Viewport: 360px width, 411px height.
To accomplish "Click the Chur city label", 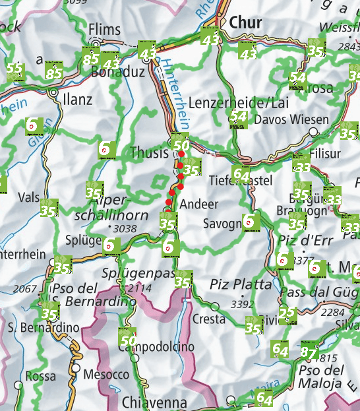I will click(x=245, y=23).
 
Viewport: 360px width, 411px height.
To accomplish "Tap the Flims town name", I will click(x=105, y=30).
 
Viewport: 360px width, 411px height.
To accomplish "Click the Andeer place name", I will click(x=198, y=203).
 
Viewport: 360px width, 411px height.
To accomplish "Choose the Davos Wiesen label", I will click(x=291, y=119).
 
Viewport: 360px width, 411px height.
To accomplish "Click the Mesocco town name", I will click(x=106, y=374).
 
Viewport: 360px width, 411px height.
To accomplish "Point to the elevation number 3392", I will click(x=243, y=303).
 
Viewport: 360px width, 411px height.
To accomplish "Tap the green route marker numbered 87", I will click(x=309, y=351).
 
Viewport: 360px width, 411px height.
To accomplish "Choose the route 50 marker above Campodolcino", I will click(x=128, y=338).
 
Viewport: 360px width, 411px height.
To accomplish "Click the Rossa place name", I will click(x=40, y=377).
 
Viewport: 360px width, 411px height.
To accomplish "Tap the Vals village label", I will click(x=30, y=197).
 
